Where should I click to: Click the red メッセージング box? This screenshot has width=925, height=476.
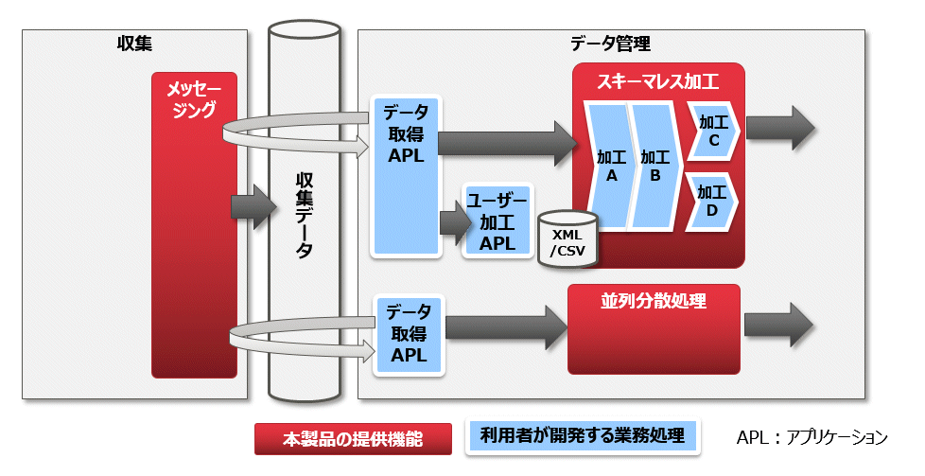(x=194, y=225)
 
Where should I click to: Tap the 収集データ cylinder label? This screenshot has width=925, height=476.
(x=305, y=216)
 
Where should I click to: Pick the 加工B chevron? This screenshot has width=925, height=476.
(x=654, y=166)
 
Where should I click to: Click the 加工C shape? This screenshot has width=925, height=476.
(x=713, y=131)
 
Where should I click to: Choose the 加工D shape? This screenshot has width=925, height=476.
(x=712, y=201)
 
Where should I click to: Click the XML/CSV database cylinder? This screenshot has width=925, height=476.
(x=567, y=239)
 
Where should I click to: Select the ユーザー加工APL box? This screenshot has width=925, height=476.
(x=497, y=220)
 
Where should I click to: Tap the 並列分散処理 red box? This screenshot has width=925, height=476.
(x=654, y=329)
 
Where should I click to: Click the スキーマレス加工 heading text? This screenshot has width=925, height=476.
(x=657, y=80)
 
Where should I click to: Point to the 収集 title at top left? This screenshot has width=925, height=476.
(x=134, y=44)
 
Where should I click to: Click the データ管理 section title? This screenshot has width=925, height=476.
(x=610, y=44)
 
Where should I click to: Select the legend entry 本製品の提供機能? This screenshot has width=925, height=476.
(x=353, y=439)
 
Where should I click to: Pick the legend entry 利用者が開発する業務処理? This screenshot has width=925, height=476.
(x=583, y=436)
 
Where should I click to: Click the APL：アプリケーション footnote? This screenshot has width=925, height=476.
(x=812, y=437)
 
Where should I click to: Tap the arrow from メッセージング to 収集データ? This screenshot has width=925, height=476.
(x=253, y=206)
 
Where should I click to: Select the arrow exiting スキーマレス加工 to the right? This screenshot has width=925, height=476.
(x=780, y=128)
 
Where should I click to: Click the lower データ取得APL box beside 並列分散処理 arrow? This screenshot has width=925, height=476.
(x=409, y=335)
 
